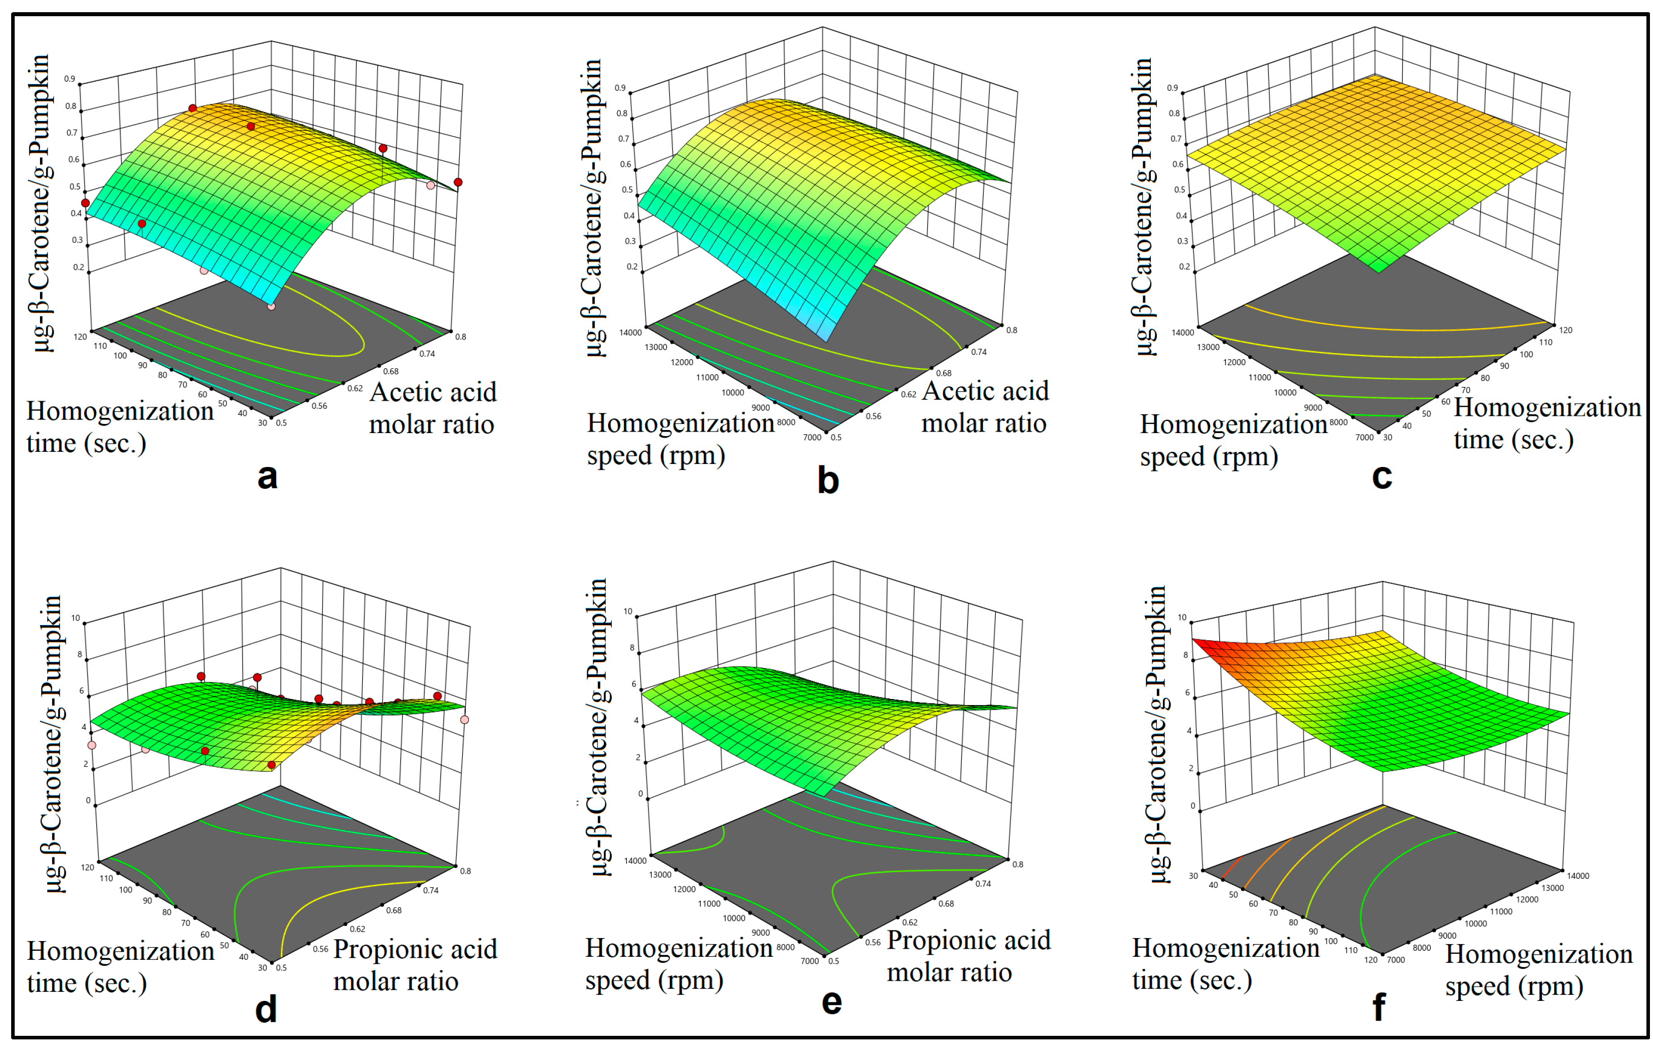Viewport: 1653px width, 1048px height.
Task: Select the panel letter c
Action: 1382,476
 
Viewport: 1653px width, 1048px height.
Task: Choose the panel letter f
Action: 1378,1007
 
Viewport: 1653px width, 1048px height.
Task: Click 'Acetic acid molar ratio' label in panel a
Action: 432,408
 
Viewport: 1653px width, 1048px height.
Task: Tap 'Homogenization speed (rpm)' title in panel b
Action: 680,439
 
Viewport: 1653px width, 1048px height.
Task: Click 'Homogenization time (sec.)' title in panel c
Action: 1547,423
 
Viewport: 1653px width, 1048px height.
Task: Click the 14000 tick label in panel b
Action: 630,333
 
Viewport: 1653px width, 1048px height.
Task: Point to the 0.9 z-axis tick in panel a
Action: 70,79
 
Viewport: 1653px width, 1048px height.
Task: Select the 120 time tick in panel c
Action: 1565,330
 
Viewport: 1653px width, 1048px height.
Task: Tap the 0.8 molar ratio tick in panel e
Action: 1018,864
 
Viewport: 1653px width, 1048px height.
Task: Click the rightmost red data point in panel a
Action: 458,182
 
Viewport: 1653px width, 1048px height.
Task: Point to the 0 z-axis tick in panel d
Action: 88,800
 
